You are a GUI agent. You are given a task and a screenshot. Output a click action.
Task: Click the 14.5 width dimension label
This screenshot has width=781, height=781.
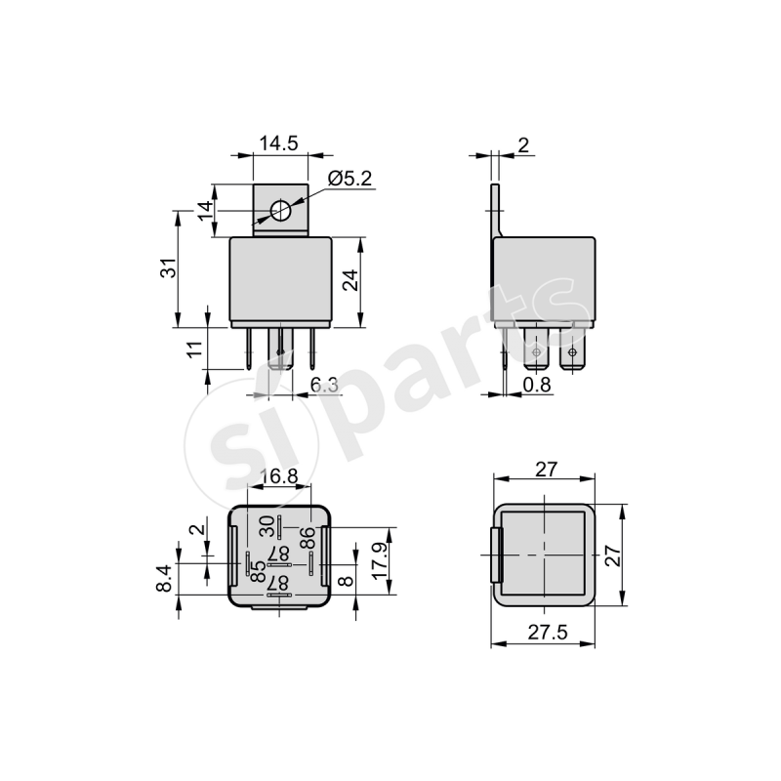point(278,144)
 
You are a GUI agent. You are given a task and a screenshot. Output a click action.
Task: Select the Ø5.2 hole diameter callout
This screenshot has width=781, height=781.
point(350,179)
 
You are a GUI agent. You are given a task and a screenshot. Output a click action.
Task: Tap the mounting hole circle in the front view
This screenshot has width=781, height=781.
point(280,210)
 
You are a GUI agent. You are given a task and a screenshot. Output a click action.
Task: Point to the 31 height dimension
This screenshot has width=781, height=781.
point(169,269)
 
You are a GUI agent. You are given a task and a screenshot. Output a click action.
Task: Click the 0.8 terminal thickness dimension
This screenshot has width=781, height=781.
point(537,385)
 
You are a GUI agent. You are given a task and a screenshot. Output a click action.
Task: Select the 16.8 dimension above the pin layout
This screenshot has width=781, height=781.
point(279,476)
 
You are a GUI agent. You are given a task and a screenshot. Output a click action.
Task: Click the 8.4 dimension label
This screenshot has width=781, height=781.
point(165,581)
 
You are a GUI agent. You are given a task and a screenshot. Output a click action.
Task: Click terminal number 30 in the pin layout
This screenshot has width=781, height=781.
point(267,526)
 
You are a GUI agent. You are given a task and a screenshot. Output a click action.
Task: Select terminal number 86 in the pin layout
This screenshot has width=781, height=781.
point(306,538)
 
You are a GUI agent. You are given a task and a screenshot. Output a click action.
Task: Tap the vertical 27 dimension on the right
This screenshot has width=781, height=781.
point(612,556)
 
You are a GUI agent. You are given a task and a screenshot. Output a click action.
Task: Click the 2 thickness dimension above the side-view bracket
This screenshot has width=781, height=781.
point(523,145)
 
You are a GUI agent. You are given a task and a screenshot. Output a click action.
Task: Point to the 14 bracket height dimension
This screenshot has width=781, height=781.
point(205,210)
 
